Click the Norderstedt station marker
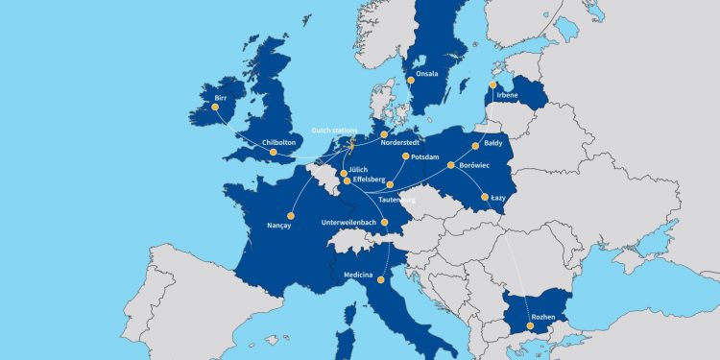[x=384, y=135]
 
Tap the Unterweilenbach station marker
[x=385, y=222]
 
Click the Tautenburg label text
[x=397, y=200]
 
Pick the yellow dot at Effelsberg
[x=348, y=180]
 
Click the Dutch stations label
[x=333, y=131]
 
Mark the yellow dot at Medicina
[x=381, y=280]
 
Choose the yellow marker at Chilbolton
[x=273, y=152]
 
